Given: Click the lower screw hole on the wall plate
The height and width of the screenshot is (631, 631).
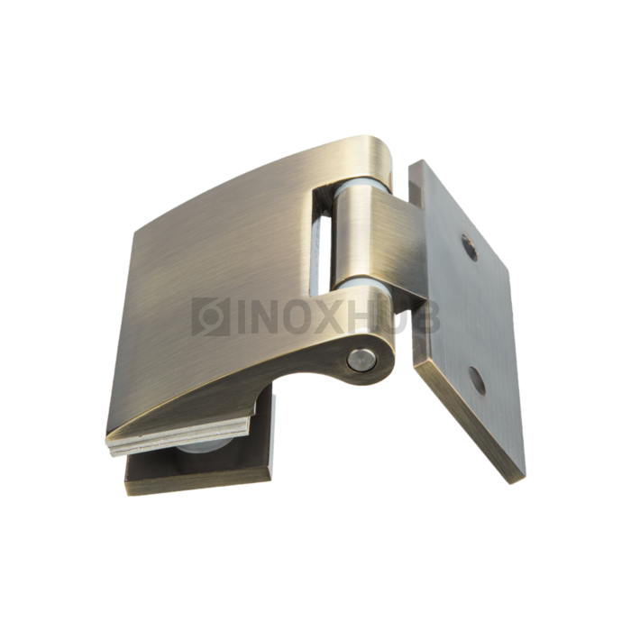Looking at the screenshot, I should [x=477, y=381].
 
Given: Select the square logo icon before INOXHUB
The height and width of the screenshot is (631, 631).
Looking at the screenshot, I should [x=210, y=317].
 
